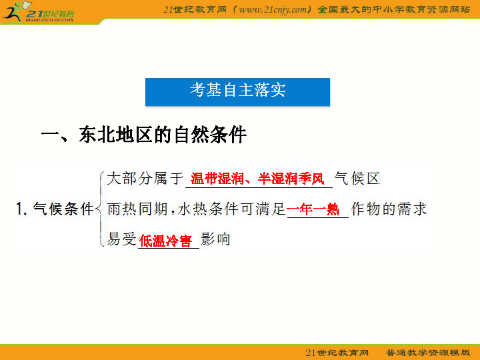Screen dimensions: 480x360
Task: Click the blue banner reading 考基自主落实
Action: pos(237,92)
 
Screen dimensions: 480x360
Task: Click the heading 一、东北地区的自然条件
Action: pos(144,135)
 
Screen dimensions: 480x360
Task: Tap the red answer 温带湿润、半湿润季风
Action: pos(257,179)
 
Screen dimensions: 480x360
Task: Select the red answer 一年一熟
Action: pos(313,209)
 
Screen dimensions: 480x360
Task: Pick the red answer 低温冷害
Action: pos(165,241)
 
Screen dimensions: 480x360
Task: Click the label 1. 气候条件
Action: pos(55,209)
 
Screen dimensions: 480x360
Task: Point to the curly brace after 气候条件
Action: pos(100,209)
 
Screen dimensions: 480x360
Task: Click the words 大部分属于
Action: pos(145,179)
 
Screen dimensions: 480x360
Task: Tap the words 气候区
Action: pos(357,179)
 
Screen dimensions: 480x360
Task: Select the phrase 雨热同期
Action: pos(137,209)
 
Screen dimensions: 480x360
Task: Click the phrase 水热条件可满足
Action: pos(231,209)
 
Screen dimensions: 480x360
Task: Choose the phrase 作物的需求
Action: pos(389,209)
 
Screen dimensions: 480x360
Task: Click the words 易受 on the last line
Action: pos(122,239)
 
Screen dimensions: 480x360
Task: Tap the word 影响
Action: pos(215,239)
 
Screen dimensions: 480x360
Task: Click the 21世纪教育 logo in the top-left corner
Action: pos(38,12)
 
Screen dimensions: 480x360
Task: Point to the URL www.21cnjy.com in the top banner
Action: pos(273,10)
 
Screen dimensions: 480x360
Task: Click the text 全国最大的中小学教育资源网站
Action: pos(394,9)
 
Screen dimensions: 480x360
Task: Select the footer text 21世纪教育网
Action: pos(337,353)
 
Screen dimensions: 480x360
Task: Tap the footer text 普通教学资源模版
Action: pos(427,353)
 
